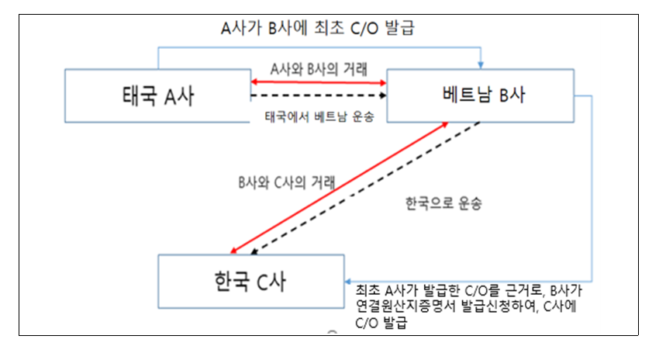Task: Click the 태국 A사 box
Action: [x=157, y=95]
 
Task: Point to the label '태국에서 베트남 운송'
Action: [x=319, y=117]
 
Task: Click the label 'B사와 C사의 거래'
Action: [x=287, y=184]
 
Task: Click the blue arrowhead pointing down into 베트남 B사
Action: [x=482, y=64]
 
